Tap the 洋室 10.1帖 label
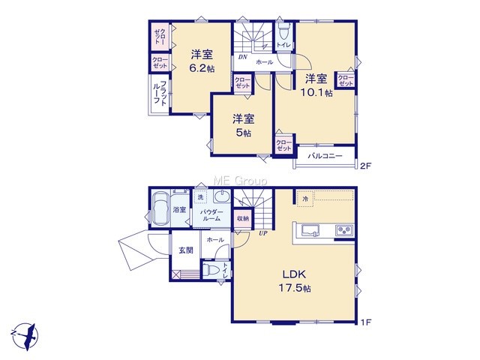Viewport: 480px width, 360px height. click(x=316, y=85)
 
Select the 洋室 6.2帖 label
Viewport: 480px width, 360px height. click(x=202, y=61)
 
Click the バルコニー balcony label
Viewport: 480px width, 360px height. click(x=325, y=156)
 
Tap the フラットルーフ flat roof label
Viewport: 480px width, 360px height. click(x=160, y=93)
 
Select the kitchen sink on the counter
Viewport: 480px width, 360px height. click(x=310, y=230)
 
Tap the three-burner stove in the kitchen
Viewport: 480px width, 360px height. click(x=344, y=230)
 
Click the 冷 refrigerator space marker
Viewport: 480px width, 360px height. click(x=305, y=199)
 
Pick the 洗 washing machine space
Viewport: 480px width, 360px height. click(x=200, y=197)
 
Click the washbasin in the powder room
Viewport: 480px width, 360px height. click(x=222, y=196)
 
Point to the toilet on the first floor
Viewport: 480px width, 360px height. click(x=211, y=270)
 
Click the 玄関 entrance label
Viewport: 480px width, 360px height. click(x=186, y=250)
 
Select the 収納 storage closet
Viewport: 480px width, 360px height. click(x=243, y=218)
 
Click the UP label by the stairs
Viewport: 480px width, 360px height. click(x=263, y=233)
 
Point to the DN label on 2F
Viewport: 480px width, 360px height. click(x=243, y=57)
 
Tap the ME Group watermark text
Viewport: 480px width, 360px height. click(x=240, y=181)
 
